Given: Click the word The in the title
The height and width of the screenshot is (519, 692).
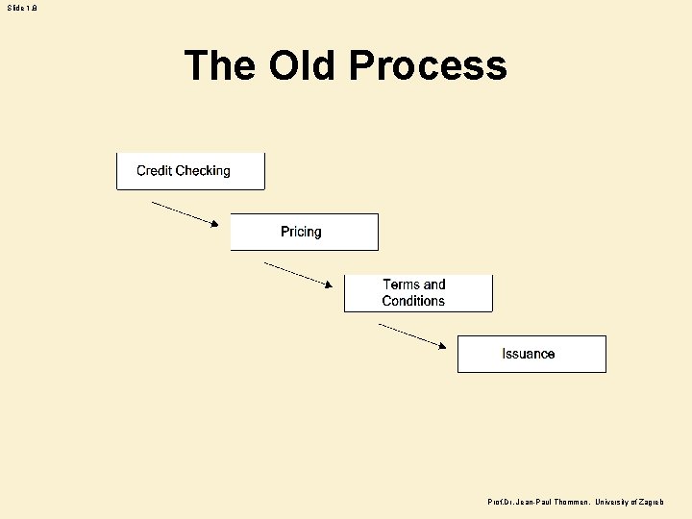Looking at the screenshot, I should coord(220,65).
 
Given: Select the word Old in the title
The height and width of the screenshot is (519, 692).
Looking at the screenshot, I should coord(304,65).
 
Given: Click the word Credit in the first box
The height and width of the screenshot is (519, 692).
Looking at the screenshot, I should coord(154,171).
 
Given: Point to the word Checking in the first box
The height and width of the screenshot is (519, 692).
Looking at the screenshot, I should coord(203,171).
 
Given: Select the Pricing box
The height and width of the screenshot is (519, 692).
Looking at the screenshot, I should coord(304,232).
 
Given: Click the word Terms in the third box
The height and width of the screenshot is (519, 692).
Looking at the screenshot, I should coord(401,284).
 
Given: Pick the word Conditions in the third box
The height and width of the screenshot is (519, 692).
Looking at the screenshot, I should coord(413,301).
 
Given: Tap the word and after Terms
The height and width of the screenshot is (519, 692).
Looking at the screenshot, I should coord(434,284).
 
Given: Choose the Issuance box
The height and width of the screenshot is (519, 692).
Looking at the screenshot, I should coord(531,354).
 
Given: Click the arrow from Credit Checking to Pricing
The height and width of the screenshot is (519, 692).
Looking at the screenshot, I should coord(185,212).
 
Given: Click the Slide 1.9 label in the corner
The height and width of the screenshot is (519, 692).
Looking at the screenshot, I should coord(23,8).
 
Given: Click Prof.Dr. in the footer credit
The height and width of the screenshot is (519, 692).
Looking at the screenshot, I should coord(502,503).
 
